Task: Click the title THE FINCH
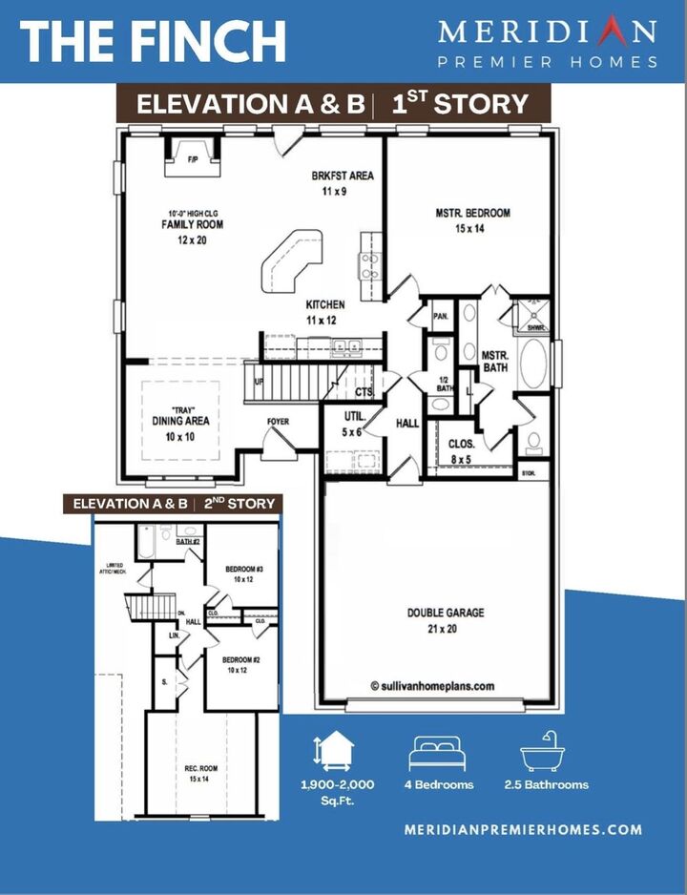(x=153, y=41)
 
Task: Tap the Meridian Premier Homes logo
(x=548, y=43)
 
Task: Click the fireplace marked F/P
(x=192, y=157)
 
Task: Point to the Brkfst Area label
(x=342, y=183)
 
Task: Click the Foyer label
(x=278, y=421)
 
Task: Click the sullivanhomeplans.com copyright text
(x=432, y=685)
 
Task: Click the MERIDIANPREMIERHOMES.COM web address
(x=524, y=830)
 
